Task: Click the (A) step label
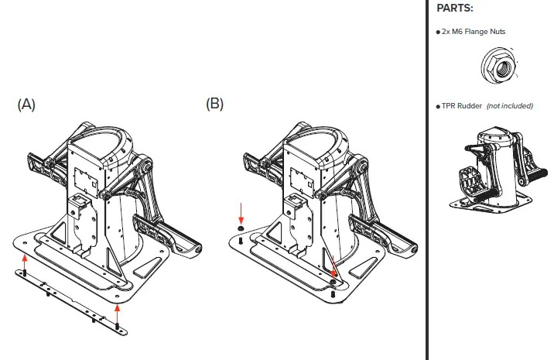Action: [x=26, y=105]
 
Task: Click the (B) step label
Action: [x=215, y=105]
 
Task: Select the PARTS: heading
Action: [x=455, y=9]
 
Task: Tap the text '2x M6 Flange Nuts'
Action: [x=474, y=31]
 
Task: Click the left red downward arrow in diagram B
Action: [x=241, y=212]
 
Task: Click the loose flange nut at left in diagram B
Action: [x=241, y=230]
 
